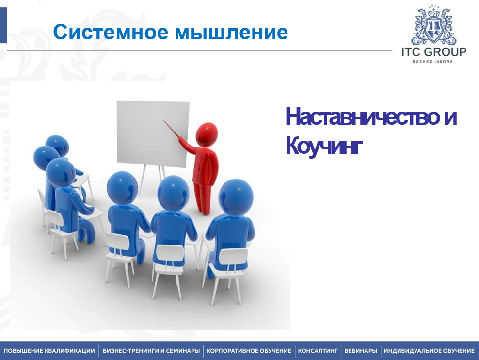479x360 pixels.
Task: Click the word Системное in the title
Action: pyautogui.click(x=111, y=32)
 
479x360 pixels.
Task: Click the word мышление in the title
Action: pyautogui.click(x=231, y=33)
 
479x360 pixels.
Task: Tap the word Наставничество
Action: pyautogui.click(x=362, y=116)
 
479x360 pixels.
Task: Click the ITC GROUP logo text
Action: pyautogui.click(x=434, y=52)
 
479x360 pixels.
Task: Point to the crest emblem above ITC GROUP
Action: pyautogui.click(x=434, y=27)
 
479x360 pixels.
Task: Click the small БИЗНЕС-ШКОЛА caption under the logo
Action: pyautogui.click(x=432, y=62)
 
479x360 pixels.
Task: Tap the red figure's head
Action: pyautogui.click(x=207, y=133)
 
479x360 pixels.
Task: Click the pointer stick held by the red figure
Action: pyautogui.click(x=172, y=130)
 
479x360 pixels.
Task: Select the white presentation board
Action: pyautogui.click(x=153, y=134)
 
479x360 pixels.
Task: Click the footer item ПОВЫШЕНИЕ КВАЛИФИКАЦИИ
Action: pyautogui.click(x=49, y=350)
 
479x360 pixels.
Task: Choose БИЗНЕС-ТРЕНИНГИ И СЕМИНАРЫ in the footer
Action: pyautogui.click(x=151, y=350)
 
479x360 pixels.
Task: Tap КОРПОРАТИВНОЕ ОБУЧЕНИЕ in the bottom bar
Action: pyautogui.click(x=249, y=350)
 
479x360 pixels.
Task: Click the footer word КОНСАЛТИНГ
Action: pyautogui.click(x=318, y=350)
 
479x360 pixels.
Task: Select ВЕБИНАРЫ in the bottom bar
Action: pyautogui.click(x=361, y=350)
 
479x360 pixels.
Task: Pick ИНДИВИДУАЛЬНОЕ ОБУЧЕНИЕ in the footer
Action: pyautogui.click(x=429, y=350)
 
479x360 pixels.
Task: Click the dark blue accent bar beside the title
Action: pyautogui.click(x=4, y=25)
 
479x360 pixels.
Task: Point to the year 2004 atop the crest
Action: pyautogui.click(x=434, y=7)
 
